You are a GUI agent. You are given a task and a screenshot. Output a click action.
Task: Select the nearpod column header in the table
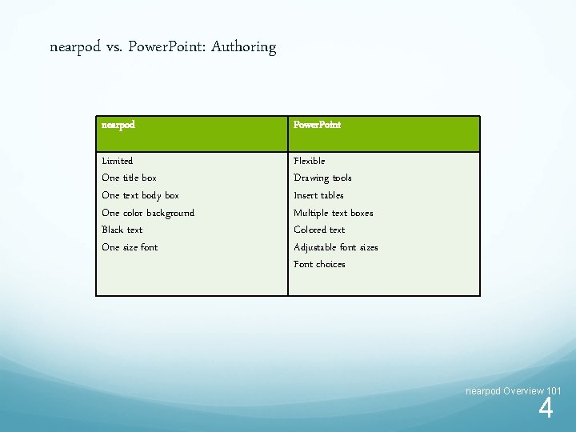point(118,125)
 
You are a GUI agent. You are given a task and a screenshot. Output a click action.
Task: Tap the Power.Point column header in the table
point(317,125)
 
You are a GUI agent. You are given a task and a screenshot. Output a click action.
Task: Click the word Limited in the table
point(118,161)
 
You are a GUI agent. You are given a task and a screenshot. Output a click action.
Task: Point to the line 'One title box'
point(129,178)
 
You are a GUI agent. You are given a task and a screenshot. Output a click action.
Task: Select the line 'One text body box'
point(140,195)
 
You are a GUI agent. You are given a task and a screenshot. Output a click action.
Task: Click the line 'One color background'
point(148,213)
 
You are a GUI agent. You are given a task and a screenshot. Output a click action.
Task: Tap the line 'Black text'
point(122,230)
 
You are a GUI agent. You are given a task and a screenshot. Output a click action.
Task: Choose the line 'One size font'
point(130,247)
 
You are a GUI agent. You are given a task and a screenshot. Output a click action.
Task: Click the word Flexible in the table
point(309,161)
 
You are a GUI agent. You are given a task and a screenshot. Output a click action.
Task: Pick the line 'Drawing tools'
point(322,178)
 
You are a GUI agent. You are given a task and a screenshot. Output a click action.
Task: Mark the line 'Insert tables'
point(318,195)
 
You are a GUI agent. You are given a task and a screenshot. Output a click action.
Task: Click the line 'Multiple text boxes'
point(333,213)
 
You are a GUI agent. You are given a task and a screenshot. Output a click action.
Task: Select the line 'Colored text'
point(319,230)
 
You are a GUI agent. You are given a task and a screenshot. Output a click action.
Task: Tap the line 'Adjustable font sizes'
point(335,247)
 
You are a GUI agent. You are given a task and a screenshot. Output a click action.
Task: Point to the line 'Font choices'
point(319,264)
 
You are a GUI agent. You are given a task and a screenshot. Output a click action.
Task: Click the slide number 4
point(546,410)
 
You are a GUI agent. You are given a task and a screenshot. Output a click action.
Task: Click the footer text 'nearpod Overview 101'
point(514,390)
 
